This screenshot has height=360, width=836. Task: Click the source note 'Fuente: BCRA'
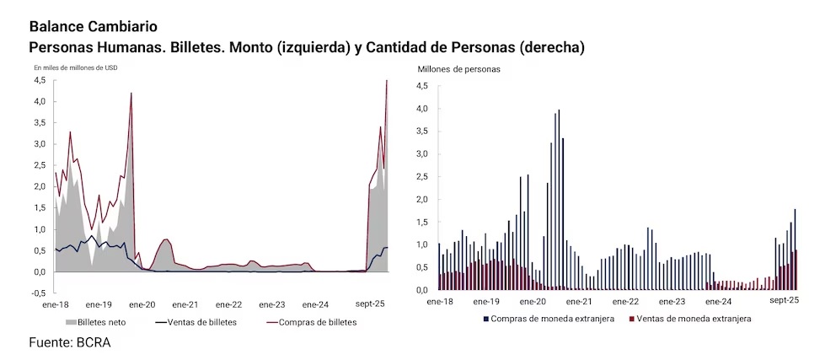pyautogui.click(x=69, y=342)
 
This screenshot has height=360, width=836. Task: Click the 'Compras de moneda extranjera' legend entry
pyautogui.click(x=548, y=319)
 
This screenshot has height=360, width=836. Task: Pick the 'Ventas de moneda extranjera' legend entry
pyautogui.click(x=691, y=319)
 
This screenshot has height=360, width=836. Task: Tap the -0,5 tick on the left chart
pyautogui.click(x=39, y=293)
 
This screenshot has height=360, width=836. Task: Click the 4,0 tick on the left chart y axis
pyautogui.click(x=40, y=101)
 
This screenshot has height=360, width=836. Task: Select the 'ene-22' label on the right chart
pyautogui.click(x=625, y=300)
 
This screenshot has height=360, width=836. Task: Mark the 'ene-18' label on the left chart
pyautogui.click(x=55, y=304)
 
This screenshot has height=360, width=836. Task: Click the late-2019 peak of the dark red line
pyautogui.click(x=131, y=94)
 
